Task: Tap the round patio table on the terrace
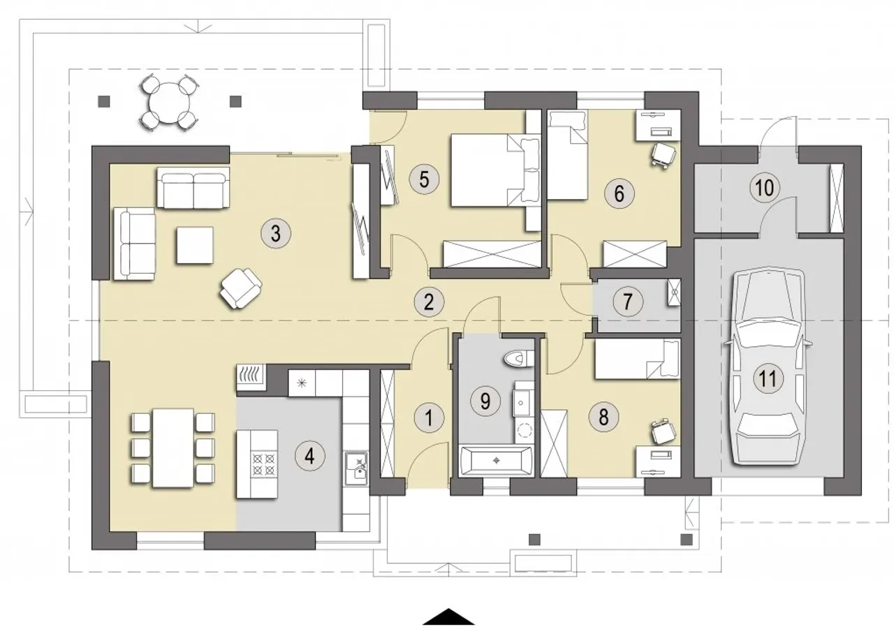169,102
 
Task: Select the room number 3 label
276,234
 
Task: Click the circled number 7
628,302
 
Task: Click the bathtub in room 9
496,461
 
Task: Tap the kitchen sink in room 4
357,468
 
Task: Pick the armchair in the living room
241,288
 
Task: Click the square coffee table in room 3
195,245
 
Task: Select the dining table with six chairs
173,448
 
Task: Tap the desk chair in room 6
663,155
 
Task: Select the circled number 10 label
765,188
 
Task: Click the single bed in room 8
637,358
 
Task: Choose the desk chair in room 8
663,431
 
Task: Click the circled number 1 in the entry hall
429,419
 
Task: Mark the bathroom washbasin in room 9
522,403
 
